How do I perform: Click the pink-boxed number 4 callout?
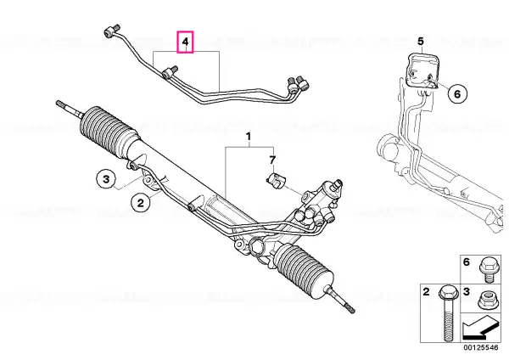click(x=185, y=42)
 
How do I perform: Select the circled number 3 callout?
click(x=106, y=179)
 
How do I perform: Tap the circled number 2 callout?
click(x=141, y=203)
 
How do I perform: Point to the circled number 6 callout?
click(x=457, y=94)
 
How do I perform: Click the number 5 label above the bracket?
click(x=421, y=42)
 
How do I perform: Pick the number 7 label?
click(x=272, y=160)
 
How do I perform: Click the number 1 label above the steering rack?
click(x=249, y=137)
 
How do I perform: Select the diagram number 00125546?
click(x=480, y=347)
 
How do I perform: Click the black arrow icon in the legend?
click(x=480, y=328)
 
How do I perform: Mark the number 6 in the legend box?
click(x=467, y=262)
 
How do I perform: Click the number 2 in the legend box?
click(x=426, y=292)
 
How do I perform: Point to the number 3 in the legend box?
click(x=467, y=292)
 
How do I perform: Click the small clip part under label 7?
click(x=275, y=180)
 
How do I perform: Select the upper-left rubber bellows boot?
click(x=109, y=131)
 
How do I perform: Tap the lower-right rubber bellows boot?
click(x=304, y=272)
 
